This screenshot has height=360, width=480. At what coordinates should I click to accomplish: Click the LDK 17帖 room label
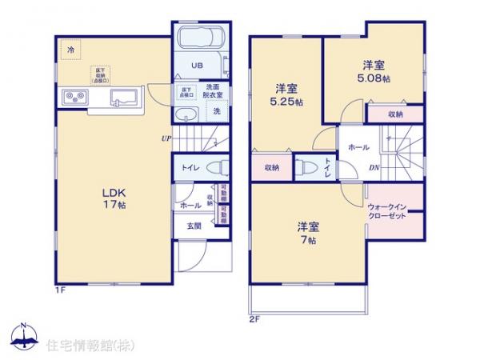pyautogui.click(x=112, y=198)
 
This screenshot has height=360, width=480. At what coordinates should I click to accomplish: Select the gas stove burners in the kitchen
pyautogui.click(x=75, y=98)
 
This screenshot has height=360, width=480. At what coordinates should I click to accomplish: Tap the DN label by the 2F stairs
pyautogui.click(x=373, y=167)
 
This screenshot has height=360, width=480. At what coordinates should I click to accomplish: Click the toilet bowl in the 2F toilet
pyautogui.click(x=307, y=167)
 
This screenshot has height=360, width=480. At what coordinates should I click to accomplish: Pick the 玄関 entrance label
pyautogui.click(x=194, y=226)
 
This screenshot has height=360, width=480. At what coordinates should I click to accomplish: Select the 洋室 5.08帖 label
pyautogui.click(x=374, y=73)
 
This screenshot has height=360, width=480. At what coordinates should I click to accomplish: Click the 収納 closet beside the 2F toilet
pyautogui.click(x=271, y=167)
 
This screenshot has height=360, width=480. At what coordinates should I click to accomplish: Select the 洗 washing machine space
pyautogui.click(x=217, y=112)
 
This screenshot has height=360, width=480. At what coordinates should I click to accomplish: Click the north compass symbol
pyautogui.click(x=23, y=335)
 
